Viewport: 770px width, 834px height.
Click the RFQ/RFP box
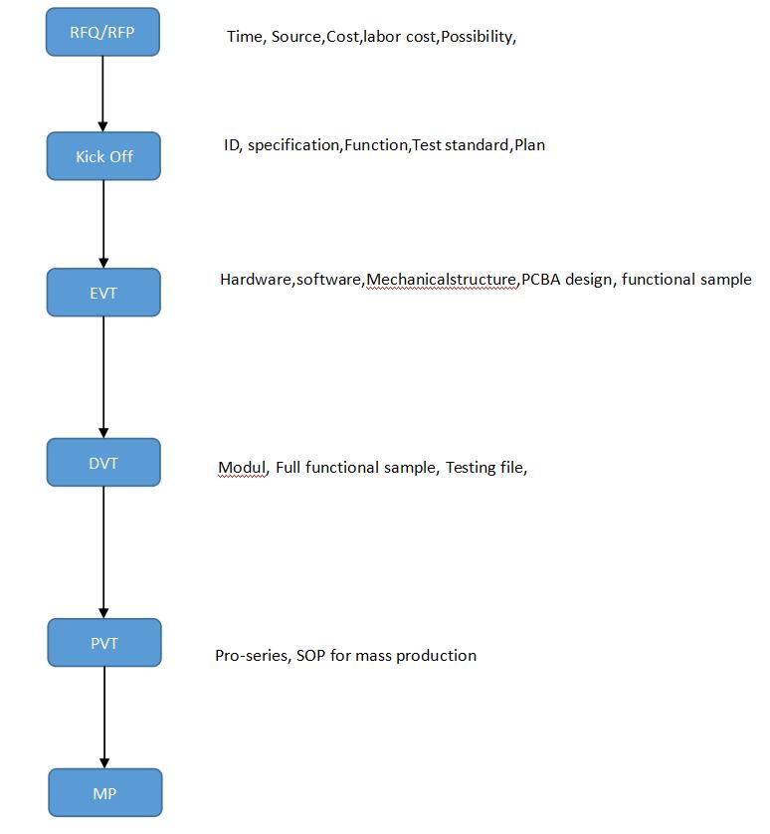[x=102, y=32]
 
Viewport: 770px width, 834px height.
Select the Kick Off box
[x=103, y=156]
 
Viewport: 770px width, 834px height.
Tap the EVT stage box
[x=103, y=293]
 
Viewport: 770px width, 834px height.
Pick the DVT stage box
[x=103, y=463]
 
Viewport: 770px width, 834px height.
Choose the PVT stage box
[x=104, y=643]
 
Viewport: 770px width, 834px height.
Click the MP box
[x=104, y=793]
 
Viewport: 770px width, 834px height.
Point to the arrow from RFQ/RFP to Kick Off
[x=103, y=94]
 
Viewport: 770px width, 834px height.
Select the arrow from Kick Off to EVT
[x=103, y=224]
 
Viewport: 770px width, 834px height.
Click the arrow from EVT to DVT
[x=103, y=377]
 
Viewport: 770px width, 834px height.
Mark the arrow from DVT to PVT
[x=103, y=552]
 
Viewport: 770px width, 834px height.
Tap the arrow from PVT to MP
[x=104, y=717]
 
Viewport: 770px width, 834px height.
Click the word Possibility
[x=477, y=37]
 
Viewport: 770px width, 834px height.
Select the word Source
[x=295, y=37]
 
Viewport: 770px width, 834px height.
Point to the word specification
[x=293, y=145]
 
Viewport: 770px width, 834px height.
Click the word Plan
[x=529, y=145]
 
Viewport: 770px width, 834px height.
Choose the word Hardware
[x=256, y=280]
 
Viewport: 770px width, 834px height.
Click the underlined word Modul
[x=242, y=468]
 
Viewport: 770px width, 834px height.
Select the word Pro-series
[x=252, y=656]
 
